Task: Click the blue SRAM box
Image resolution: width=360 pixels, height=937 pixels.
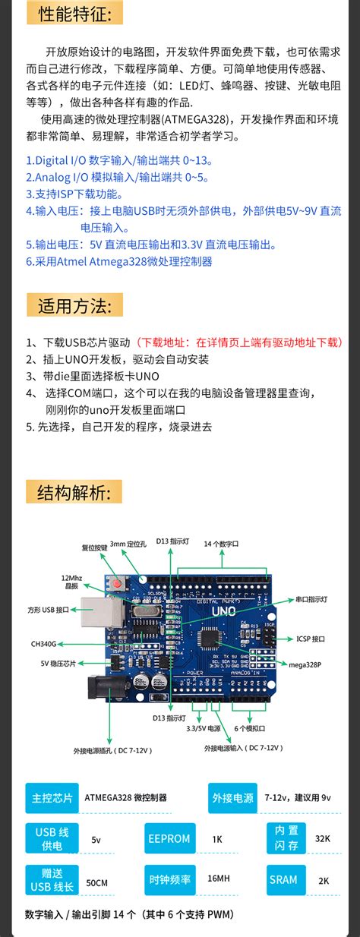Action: click(283, 879)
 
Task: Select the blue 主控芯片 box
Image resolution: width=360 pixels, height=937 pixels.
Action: click(52, 798)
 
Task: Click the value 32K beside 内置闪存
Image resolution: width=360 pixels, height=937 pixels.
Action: click(323, 838)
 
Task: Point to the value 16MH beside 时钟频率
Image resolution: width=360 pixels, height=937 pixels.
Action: click(218, 879)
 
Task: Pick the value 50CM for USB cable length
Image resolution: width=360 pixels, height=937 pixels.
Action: click(96, 883)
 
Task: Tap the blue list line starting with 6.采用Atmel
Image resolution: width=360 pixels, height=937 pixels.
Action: click(119, 261)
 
